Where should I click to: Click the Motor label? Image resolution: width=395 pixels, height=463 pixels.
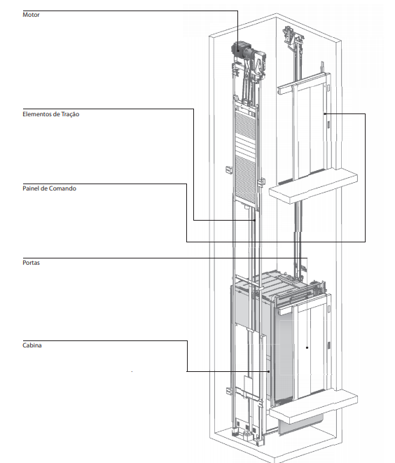(x=31, y=15)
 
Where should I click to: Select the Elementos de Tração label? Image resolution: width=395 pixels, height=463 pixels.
(x=51, y=114)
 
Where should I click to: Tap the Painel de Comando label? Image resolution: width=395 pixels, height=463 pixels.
(x=49, y=188)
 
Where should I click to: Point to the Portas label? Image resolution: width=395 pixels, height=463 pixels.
(x=31, y=263)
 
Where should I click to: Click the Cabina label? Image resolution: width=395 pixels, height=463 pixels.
(x=32, y=345)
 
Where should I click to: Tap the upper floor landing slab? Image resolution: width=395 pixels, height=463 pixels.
(x=313, y=186)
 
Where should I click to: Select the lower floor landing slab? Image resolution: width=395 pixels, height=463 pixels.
(x=314, y=406)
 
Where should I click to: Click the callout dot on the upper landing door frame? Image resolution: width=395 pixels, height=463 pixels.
(x=325, y=113)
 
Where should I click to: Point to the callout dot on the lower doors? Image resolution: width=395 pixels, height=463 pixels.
(x=307, y=347)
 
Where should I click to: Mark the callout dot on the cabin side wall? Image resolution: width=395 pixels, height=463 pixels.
(x=269, y=371)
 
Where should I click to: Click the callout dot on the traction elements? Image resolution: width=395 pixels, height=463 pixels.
(x=254, y=220)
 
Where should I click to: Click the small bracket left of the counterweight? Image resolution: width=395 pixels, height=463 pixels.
(x=229, y=170)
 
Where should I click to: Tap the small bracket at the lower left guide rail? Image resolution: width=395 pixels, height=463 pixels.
(x=230, y=392)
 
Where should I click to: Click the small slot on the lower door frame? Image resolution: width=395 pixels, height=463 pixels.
(x=328, y=345)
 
